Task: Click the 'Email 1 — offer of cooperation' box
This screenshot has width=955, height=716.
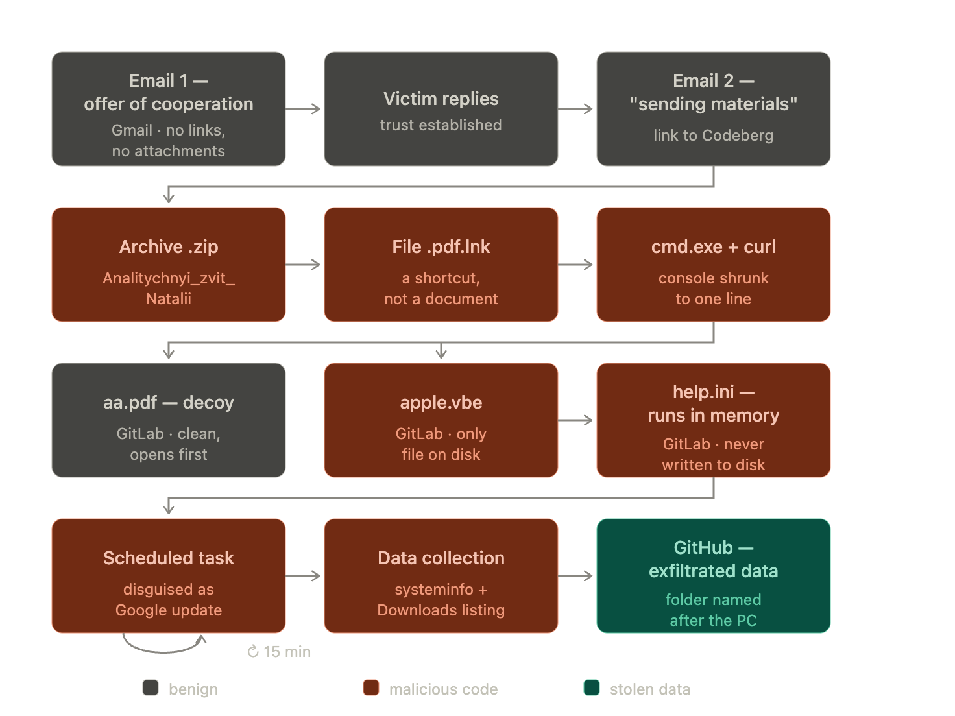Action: point(169,109)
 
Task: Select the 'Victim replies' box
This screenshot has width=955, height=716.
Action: point(441,109)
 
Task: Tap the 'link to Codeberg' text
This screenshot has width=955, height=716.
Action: point(713,135)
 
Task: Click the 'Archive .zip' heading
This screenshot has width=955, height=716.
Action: point(169,246)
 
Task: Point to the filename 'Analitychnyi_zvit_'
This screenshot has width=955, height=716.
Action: point(169,278)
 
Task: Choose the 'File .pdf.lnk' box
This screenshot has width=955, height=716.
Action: point(441,265)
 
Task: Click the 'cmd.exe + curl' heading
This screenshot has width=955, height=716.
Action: point(713,246)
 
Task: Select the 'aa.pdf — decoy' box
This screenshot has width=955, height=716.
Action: point(169,420)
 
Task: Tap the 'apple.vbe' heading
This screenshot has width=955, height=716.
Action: point(441,402)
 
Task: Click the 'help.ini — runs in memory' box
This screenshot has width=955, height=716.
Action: point(713,420)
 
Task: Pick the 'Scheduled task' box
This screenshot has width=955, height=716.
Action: point(169,575)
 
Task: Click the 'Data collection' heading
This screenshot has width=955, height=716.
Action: point(441,558)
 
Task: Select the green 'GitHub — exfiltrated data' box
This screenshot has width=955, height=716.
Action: point(713,575)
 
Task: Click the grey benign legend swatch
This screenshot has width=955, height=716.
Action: point(151,687)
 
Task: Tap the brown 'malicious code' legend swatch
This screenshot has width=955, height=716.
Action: point(370,687)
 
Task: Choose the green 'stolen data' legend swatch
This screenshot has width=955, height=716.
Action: point(591,687)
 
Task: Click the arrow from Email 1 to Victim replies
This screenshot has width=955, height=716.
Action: point(303,109)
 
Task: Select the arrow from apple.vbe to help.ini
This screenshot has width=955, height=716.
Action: point(575,420)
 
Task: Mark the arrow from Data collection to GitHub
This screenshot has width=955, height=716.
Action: point(575,575)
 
